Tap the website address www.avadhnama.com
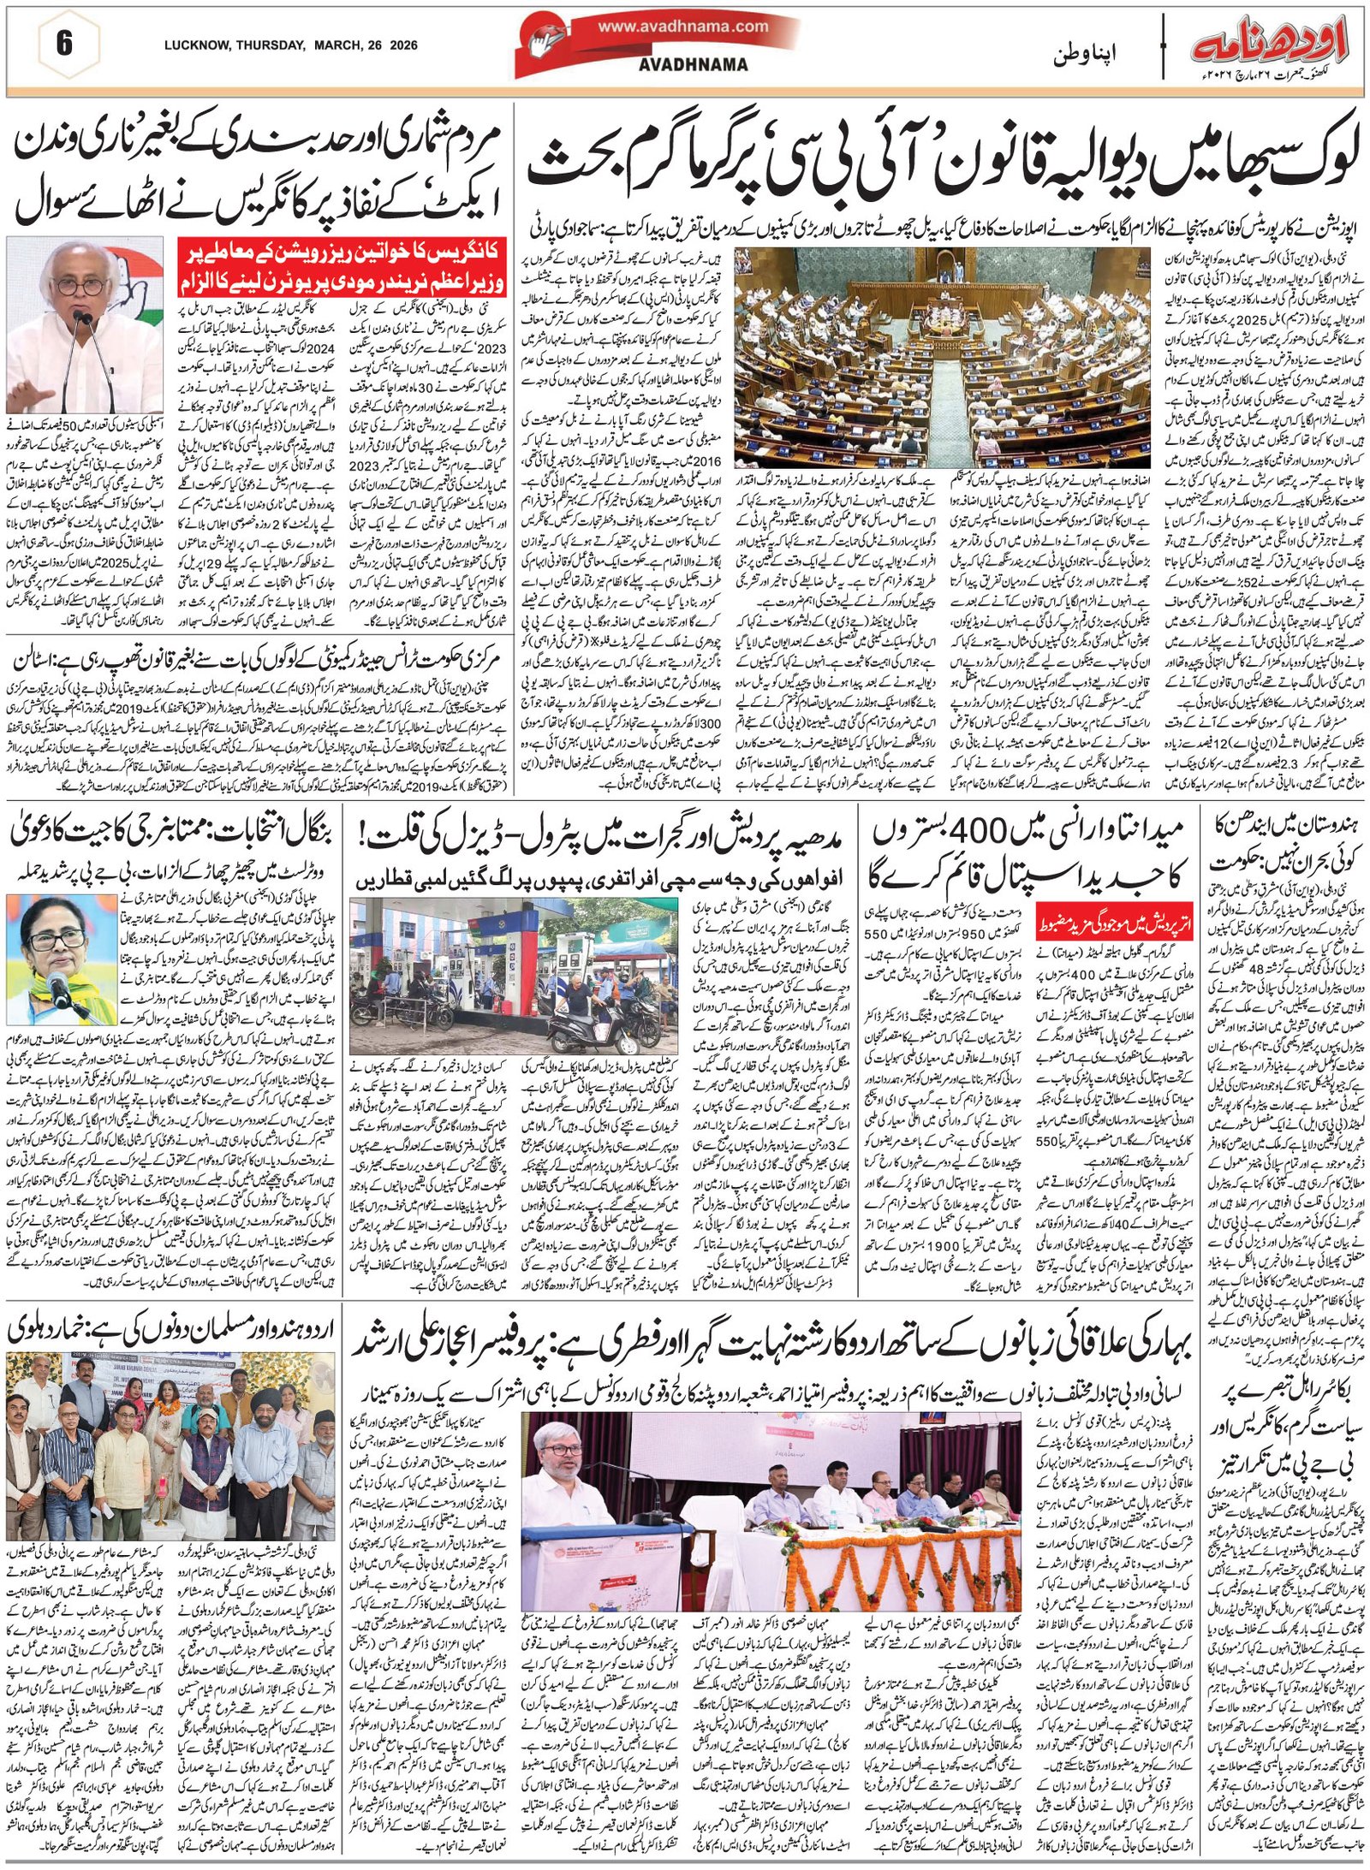(x=682, y=27)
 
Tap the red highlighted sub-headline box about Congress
(x=342, y=267)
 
